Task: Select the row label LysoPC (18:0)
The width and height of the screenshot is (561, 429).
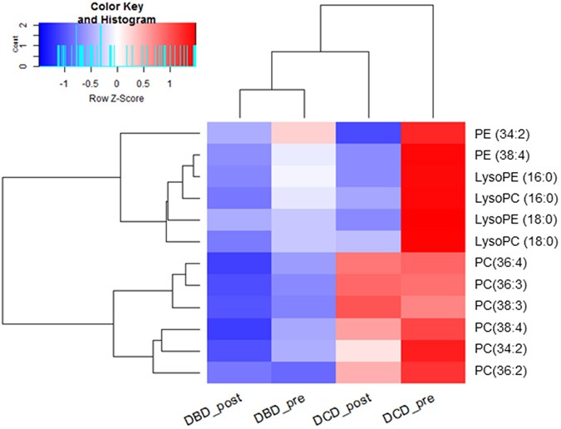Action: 510,241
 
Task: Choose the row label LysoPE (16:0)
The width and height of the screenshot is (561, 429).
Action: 510,176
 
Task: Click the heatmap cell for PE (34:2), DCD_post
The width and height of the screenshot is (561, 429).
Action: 368,133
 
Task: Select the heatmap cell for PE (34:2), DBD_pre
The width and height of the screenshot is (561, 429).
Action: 303,133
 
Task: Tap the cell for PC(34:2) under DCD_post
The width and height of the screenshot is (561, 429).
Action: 368,349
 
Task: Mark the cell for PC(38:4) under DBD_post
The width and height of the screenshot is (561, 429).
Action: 239,328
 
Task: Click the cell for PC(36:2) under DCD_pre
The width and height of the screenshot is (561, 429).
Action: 433,371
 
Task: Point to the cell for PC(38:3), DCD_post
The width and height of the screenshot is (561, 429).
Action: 368,306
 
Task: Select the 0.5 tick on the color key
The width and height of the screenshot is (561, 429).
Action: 143,83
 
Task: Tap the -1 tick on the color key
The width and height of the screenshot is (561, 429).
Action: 64,83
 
